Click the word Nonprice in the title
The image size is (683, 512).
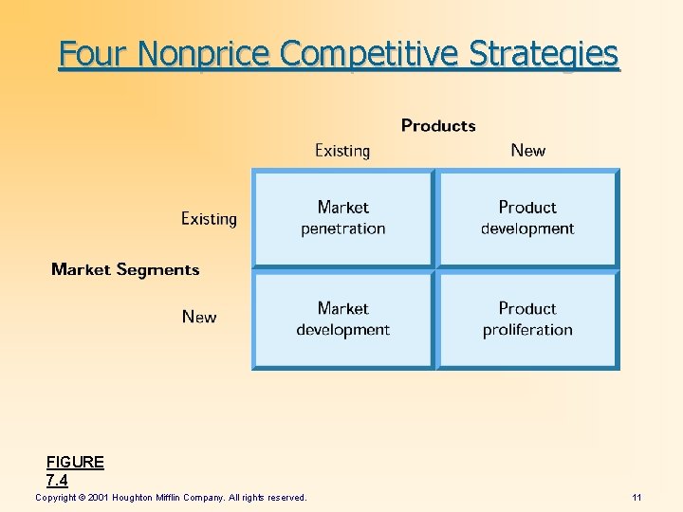(x=205, y=54)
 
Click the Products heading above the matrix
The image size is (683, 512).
(x=438, y=125)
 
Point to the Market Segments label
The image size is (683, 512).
(x=125, y=270)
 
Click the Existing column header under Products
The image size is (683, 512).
(x=341, y=151)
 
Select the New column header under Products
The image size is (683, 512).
(x=527, y=151)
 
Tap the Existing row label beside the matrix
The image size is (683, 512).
(x=209, y=219)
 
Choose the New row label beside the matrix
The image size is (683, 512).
(x=198, y=317)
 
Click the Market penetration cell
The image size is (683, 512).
(x=342, y=218)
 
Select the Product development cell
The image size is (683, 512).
(x=527, y=218)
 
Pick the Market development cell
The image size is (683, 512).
(x=342, y=320)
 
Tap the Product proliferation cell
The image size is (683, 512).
(x=527, y=320)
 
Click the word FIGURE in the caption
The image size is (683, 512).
(x=75, y=463)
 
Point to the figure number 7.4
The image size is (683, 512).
(x=57, y=481)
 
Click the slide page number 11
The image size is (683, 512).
(x=637, y=498)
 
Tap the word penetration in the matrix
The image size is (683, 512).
(x=342, y=229)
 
